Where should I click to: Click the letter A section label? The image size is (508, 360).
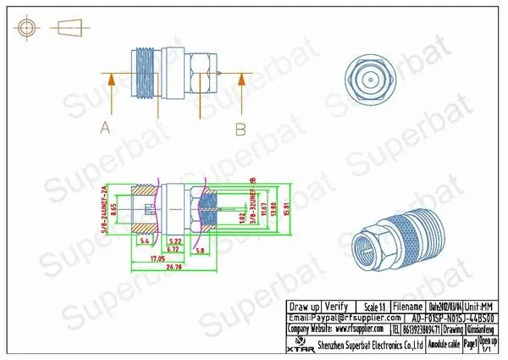(x=106, y=129)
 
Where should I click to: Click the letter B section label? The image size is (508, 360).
(x=240, y=129)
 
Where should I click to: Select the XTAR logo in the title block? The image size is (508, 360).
(x=297, y=346)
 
